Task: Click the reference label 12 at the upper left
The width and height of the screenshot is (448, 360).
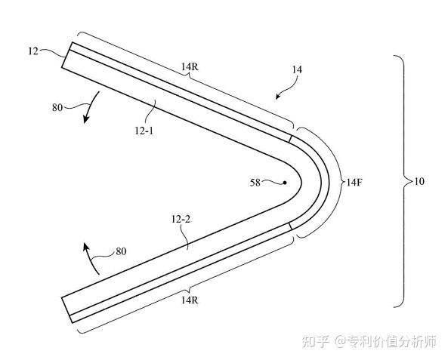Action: pyautogui.click(x=33, y=51)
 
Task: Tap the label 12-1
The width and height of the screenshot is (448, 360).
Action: pyautogui.click(x=144, y=131)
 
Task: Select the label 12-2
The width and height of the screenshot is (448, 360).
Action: pyautogui.click(x=181, y=220)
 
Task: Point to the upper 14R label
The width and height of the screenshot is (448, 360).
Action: pyautogui.click(x=190, y=66)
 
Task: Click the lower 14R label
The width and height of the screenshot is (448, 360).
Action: pyautogui.click(x=190, y=300)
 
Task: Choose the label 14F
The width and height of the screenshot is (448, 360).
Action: pyautogui.click(x=354, y=182)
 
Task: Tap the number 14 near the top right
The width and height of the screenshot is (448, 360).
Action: pyautogui.click(x=297, y=69)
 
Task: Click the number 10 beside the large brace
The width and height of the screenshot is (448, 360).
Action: pyautogui.click(x=419, y=181)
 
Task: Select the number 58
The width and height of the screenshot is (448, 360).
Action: pyautogui.click(x=255, y=183)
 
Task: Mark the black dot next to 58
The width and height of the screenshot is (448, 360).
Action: pyautogui.click(x=285, y=183)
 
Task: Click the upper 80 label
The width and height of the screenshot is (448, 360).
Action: pyautogui.click(x=57, y=108)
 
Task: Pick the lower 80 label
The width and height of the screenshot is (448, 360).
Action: pyautogui.click(x=121, y=251)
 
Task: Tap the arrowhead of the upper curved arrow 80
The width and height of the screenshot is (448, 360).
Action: pyautogui.click(x=85, y=119)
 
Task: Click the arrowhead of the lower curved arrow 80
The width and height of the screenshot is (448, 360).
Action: pyautogui.click(x=85, y=247)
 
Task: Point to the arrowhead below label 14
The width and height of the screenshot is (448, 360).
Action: pyautogui.click(x=278, y=97)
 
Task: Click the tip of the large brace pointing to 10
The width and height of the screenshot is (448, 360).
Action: pyautogui.click(x=412, y=181)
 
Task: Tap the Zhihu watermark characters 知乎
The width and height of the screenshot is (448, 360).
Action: pyautogui.click(x=316, y=341)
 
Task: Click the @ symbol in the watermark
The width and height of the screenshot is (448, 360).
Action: pyautogui.click(x=341, y=342)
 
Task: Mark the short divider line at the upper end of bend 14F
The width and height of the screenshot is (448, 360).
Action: pyautogui.click(x=291, y=138)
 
